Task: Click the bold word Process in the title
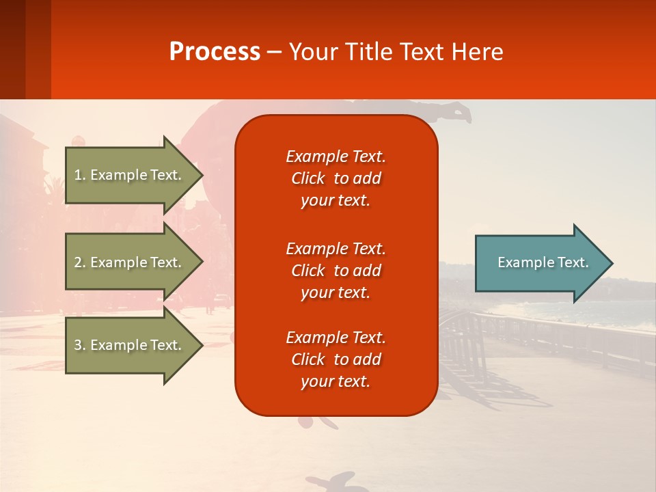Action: click(x=215, y=52)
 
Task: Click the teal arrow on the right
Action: click(x=540, y=263)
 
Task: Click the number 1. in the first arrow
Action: click(x=79, y=175)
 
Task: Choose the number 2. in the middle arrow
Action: click(x=79, y=262)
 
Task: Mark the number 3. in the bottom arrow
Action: click(x=79, y=345)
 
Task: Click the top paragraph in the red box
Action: click(x=336, y=178)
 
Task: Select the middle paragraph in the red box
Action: click(x=336, y=270)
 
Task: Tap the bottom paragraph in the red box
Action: click(x=336, y=359)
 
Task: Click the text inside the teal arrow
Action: click(x=543, y=262)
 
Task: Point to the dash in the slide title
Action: click(x=275, y=53)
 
